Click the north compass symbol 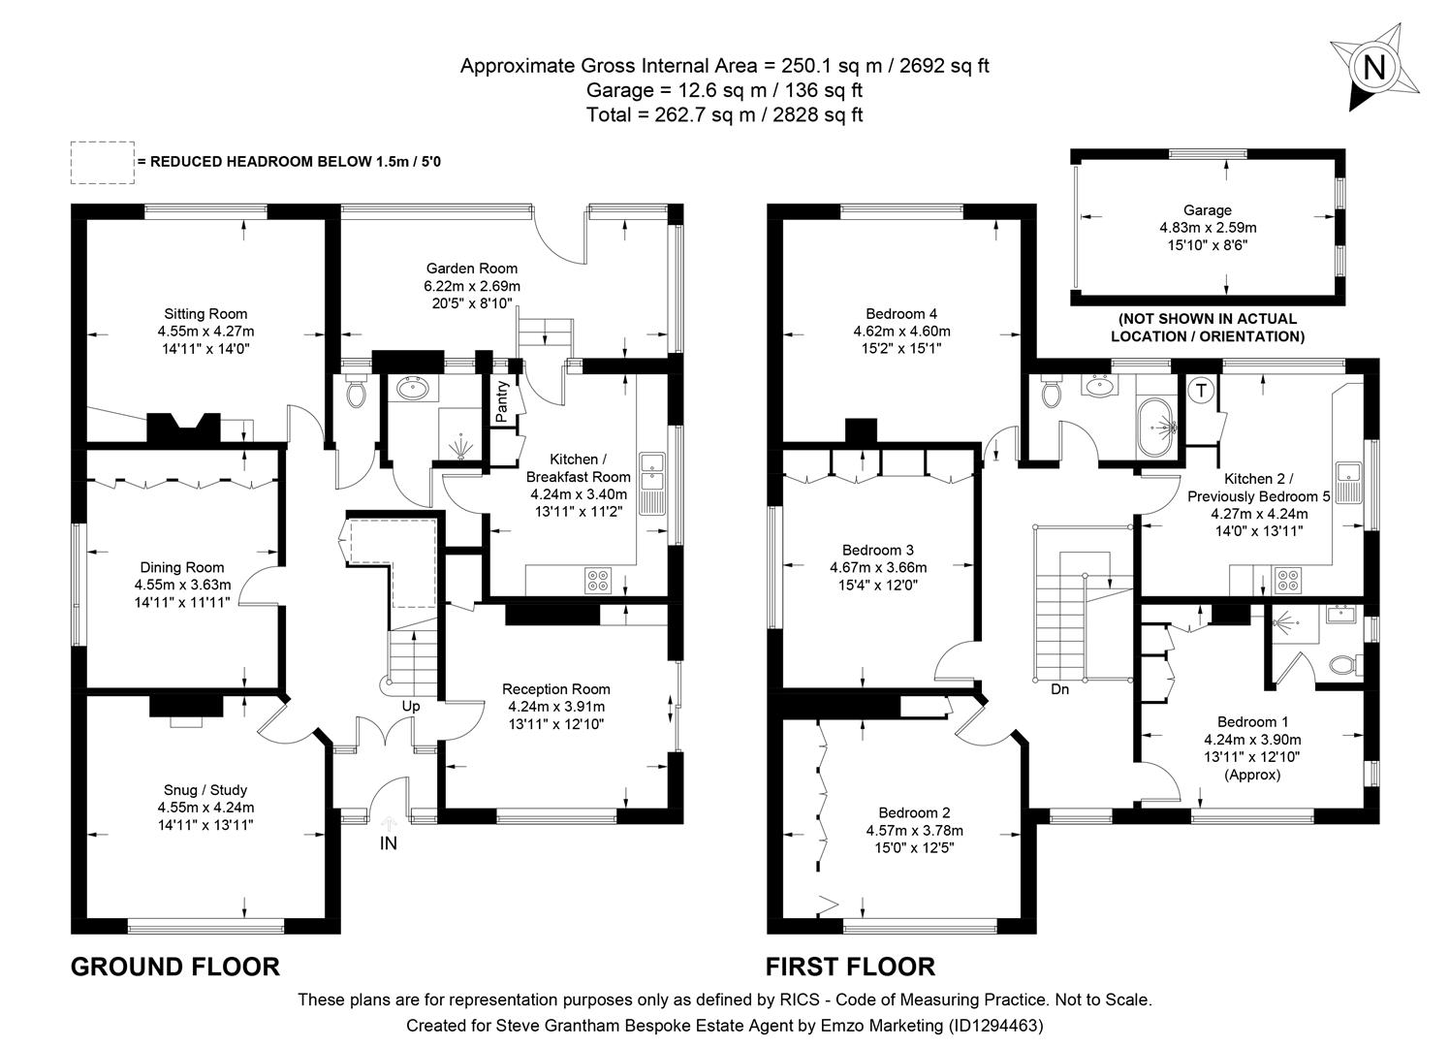(1374, 66)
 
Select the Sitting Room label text (205, 313)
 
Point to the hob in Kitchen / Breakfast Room (598, 581)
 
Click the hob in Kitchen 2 (1289, 581)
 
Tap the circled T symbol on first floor (1201, 391)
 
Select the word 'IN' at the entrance (388, 843)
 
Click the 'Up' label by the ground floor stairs (411, 706)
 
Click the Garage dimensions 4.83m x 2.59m (1207, 228)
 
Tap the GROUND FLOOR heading (175, 967)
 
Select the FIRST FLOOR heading (850, 967)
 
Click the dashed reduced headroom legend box (102, 162)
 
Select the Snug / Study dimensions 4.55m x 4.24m (205, 808)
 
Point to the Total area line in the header (724, 114)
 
